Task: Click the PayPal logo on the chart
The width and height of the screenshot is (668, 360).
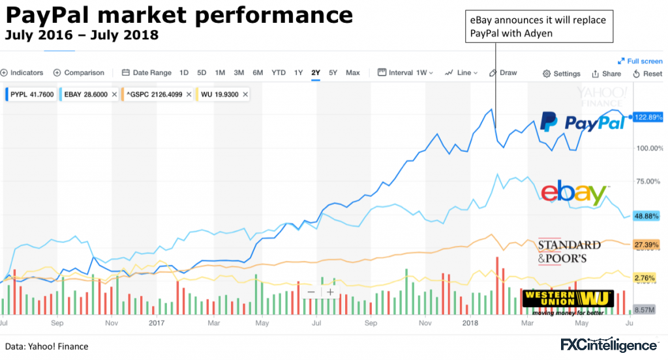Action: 582,121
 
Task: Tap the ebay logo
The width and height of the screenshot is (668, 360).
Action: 573,194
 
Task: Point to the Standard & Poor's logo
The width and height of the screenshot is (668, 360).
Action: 569,251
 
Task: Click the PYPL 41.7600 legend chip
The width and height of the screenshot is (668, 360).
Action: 31,95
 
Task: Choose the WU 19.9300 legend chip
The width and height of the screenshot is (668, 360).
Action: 222,95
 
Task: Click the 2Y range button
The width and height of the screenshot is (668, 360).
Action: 316,73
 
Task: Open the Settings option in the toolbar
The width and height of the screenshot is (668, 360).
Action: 562,74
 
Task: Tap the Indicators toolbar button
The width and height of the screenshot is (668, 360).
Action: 23,73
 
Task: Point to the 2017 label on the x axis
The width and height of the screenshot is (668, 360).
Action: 157,322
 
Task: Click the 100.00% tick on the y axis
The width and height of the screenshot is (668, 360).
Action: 650,148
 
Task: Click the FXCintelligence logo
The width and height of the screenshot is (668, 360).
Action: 609,344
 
